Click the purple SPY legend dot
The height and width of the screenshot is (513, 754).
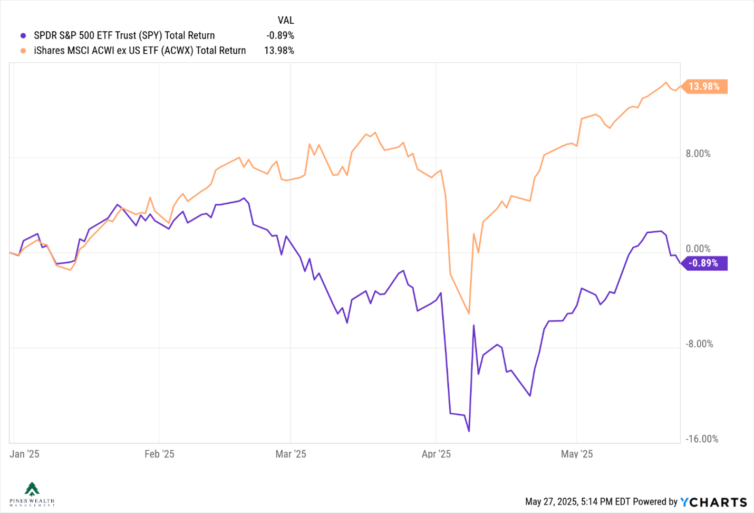point(23,35)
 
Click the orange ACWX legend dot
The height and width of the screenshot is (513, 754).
point(23,51)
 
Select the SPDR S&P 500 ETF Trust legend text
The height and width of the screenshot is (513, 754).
point(124,35)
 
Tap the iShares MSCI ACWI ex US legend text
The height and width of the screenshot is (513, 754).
point(140,51)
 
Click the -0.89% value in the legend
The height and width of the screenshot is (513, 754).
point(280,35)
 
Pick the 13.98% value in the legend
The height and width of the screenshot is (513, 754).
point(279,51)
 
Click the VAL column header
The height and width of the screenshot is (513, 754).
point(286,20)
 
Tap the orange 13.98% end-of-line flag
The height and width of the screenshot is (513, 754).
point(704,87)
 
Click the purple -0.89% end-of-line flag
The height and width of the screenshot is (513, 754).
point(704,263)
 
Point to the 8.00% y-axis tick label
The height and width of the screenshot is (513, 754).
point(698,154)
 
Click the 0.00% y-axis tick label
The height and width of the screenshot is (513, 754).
point(698,249)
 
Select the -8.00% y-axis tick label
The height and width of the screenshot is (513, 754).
point(700,344)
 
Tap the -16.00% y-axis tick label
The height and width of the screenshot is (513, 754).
point(702,439)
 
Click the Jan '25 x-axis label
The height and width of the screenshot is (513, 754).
point(24,454)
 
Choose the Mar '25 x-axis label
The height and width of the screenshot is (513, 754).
point(291,454)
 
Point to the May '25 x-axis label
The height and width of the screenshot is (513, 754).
point(577,454)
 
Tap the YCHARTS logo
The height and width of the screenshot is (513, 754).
point(713,502)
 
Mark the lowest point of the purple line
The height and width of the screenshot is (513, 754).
point(469,431)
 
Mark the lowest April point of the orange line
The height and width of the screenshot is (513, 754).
point(469,313)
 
